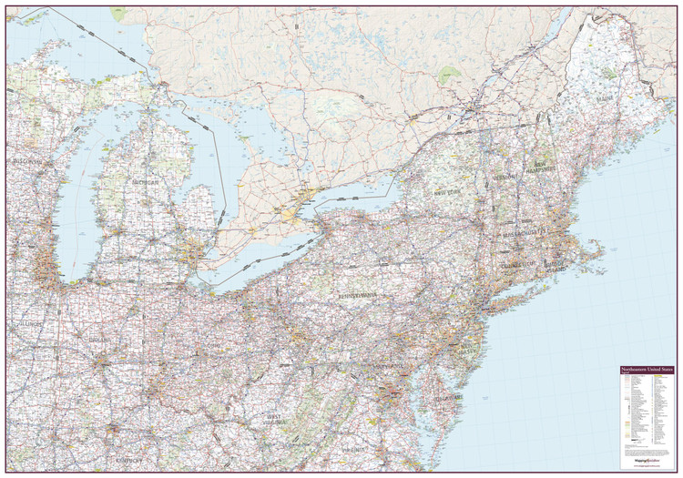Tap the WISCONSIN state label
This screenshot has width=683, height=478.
26,161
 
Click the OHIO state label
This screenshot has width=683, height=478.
212,347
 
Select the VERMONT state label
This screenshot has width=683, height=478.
505,175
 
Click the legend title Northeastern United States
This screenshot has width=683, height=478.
647,370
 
